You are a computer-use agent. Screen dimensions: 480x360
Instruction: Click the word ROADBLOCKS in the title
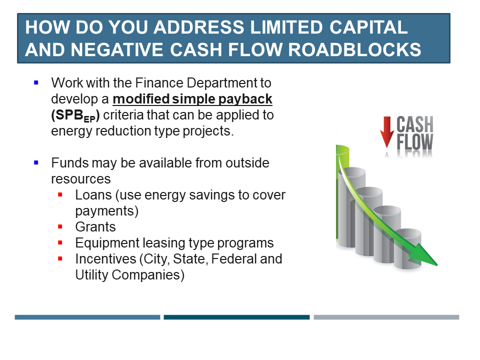tap(354, 49)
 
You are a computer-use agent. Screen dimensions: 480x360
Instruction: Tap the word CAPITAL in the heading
tap(368, 27)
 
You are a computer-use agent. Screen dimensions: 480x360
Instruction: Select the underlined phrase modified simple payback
tap(192, 99)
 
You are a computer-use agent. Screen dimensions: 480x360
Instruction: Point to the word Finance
tap(159, 82)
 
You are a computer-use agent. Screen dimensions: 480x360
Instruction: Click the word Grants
tap(95, 227)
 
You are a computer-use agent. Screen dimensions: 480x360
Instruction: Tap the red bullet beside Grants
tap(60, 227)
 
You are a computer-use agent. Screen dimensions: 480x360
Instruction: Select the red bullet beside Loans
tap(60, 194)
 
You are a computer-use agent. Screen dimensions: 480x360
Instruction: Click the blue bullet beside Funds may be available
tap(36, 162)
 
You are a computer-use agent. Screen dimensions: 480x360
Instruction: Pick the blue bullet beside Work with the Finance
tap(36, 82)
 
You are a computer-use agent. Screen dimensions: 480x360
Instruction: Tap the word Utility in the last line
tap(92, 275)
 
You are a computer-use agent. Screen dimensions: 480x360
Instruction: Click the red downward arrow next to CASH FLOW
tap(387, 131)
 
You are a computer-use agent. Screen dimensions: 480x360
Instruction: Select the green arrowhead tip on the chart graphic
tap(437, 265)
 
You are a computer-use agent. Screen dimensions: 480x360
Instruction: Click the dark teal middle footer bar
tap(236, 317)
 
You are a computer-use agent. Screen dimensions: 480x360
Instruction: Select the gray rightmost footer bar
tap(386, 317)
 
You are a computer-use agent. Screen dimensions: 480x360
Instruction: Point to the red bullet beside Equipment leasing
tap(60, 243)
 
